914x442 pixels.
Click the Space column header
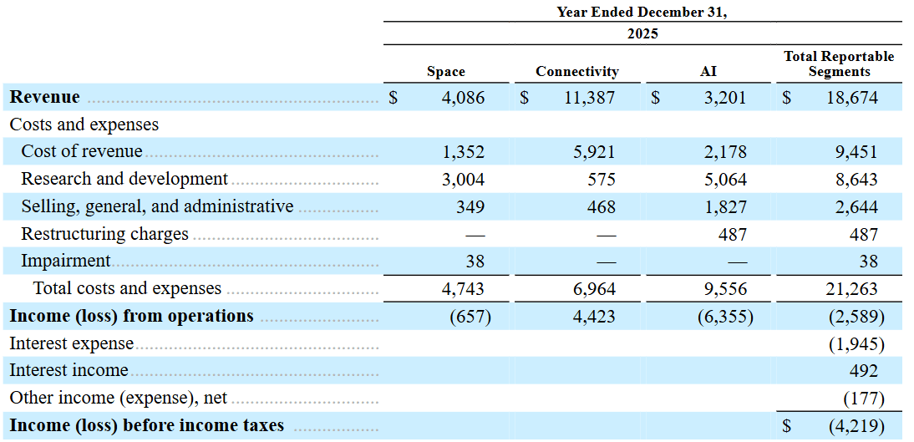coord(446,72)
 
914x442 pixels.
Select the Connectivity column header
coord(577,72)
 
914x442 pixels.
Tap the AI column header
coord(708,72)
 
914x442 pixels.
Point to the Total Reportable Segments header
coord(839,64)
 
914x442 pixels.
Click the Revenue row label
coord(45,97)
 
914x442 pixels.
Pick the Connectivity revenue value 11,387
coord(589,98)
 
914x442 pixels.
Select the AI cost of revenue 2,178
coord(725,151)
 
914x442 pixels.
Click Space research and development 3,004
coord(463,180)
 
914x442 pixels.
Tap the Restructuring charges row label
coord(105,234)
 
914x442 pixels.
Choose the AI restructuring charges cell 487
coord(732,235)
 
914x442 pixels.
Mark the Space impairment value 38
coord(475,262)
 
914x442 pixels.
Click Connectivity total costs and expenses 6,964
coord(594,289)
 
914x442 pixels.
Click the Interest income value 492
coord(864,371)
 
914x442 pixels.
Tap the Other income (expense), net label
coord(119,398)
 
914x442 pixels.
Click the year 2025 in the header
coord(642,33)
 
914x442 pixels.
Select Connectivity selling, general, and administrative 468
coord(601,207)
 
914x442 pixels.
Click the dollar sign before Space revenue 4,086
coord(394,98)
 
